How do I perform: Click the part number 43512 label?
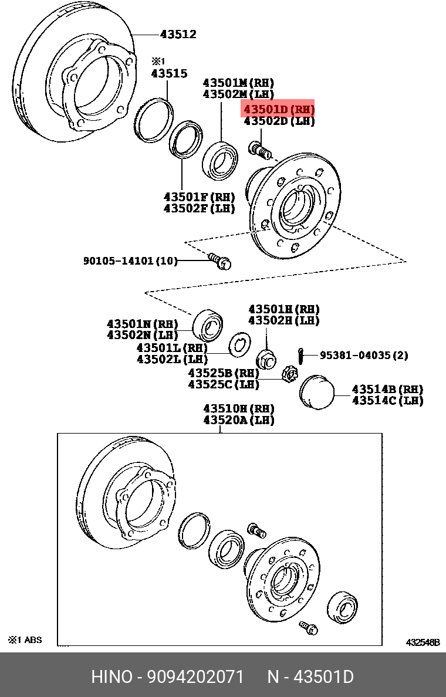[178, 35]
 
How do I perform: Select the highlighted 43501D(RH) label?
[279, 109]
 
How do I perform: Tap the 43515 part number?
[169, 73]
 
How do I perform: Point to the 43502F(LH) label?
[199, 208]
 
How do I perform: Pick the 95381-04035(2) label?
[364, 355]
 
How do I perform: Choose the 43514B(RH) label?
[387, 389]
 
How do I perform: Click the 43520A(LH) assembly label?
[238, 420]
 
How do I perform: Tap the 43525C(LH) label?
[224, 384]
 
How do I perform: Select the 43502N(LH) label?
[142, 334]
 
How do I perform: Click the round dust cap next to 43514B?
[317, 391]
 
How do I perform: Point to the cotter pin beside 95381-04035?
[301, 355]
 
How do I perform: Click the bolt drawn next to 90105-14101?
[221, 261]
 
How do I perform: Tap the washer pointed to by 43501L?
[239, 344]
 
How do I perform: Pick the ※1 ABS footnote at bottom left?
[25, 640]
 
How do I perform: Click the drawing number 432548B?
[423, 642]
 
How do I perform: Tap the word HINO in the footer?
[112, 677]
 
